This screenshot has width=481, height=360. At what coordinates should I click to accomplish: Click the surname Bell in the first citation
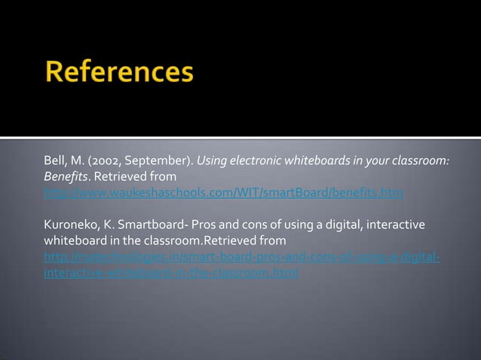[x=54, y=161]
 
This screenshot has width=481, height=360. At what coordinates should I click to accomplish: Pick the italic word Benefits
[x=63, y=177]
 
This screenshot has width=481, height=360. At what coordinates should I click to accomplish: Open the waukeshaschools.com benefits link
[x=223, y=193]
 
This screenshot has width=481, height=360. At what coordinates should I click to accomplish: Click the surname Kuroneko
[x=69, y=225]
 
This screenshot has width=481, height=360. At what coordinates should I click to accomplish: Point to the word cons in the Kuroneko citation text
[x=247, y=225]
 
